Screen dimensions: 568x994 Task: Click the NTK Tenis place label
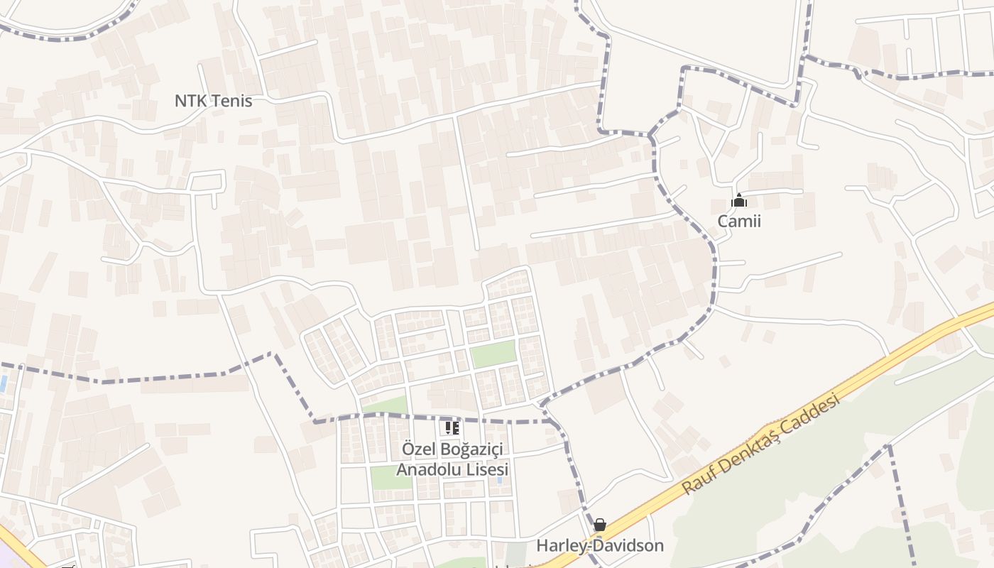click(x=213, y=101)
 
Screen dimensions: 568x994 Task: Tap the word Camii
click(x=739, y=221)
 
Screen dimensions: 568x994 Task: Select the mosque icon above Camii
click(x=739, y=201)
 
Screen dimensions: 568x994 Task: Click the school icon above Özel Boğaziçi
click(x=452, y=428)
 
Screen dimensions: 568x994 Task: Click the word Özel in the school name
click(x=417, y=449)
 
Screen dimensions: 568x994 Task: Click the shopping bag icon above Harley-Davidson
click(x=600, y=525)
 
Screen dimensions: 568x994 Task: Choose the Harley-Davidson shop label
click(x=600, y=545)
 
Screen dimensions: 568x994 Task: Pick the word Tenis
click(x=229, y=101)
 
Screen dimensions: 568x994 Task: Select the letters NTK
click(x=190, y=101)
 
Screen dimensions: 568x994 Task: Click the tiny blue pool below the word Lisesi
click(x=500, y=481)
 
